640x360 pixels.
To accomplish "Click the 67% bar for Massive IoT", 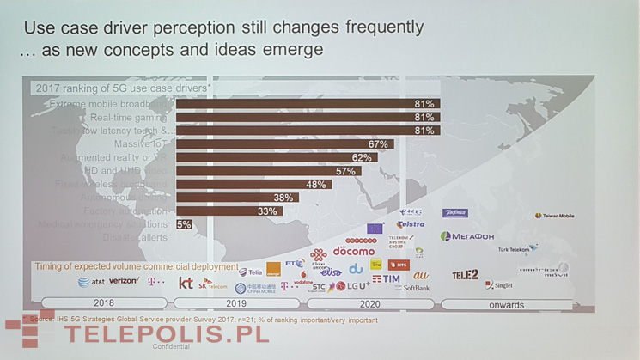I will pos(284,144).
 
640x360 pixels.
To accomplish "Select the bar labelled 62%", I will pos(275,158).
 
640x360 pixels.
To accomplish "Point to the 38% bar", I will pos(237,198).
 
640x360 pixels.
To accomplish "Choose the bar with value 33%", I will pos(229,211).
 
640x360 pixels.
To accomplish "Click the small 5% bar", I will pos(184,224).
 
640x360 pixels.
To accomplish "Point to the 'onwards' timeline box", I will pos(507,303).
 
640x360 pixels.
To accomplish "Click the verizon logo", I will pos(124,281).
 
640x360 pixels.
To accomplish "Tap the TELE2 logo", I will pos(465,275).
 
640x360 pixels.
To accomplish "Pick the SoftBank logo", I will pos(416,289).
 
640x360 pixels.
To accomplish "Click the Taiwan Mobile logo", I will pos(555,216).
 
